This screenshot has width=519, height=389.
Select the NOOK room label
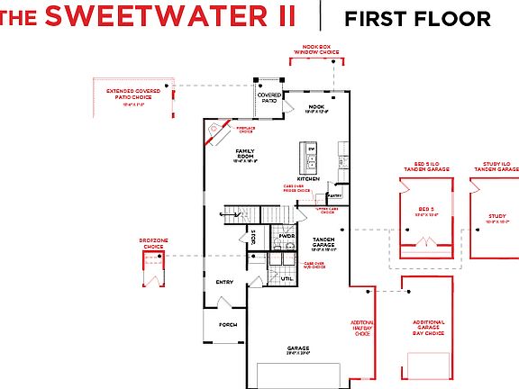tap(316, 106)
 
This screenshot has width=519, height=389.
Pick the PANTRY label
tap(334, 194)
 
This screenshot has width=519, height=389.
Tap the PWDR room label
tap(287, 235)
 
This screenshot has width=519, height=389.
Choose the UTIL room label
tap(287, 279)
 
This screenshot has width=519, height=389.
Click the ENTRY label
tap(224, 282)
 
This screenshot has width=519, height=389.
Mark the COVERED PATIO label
tap(269, 97)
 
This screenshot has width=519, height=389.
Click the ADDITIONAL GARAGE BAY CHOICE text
tap(428, 328)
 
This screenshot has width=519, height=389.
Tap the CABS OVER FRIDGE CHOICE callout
tap(296, 189)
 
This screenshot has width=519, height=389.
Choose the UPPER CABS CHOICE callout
tap(326, 211)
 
